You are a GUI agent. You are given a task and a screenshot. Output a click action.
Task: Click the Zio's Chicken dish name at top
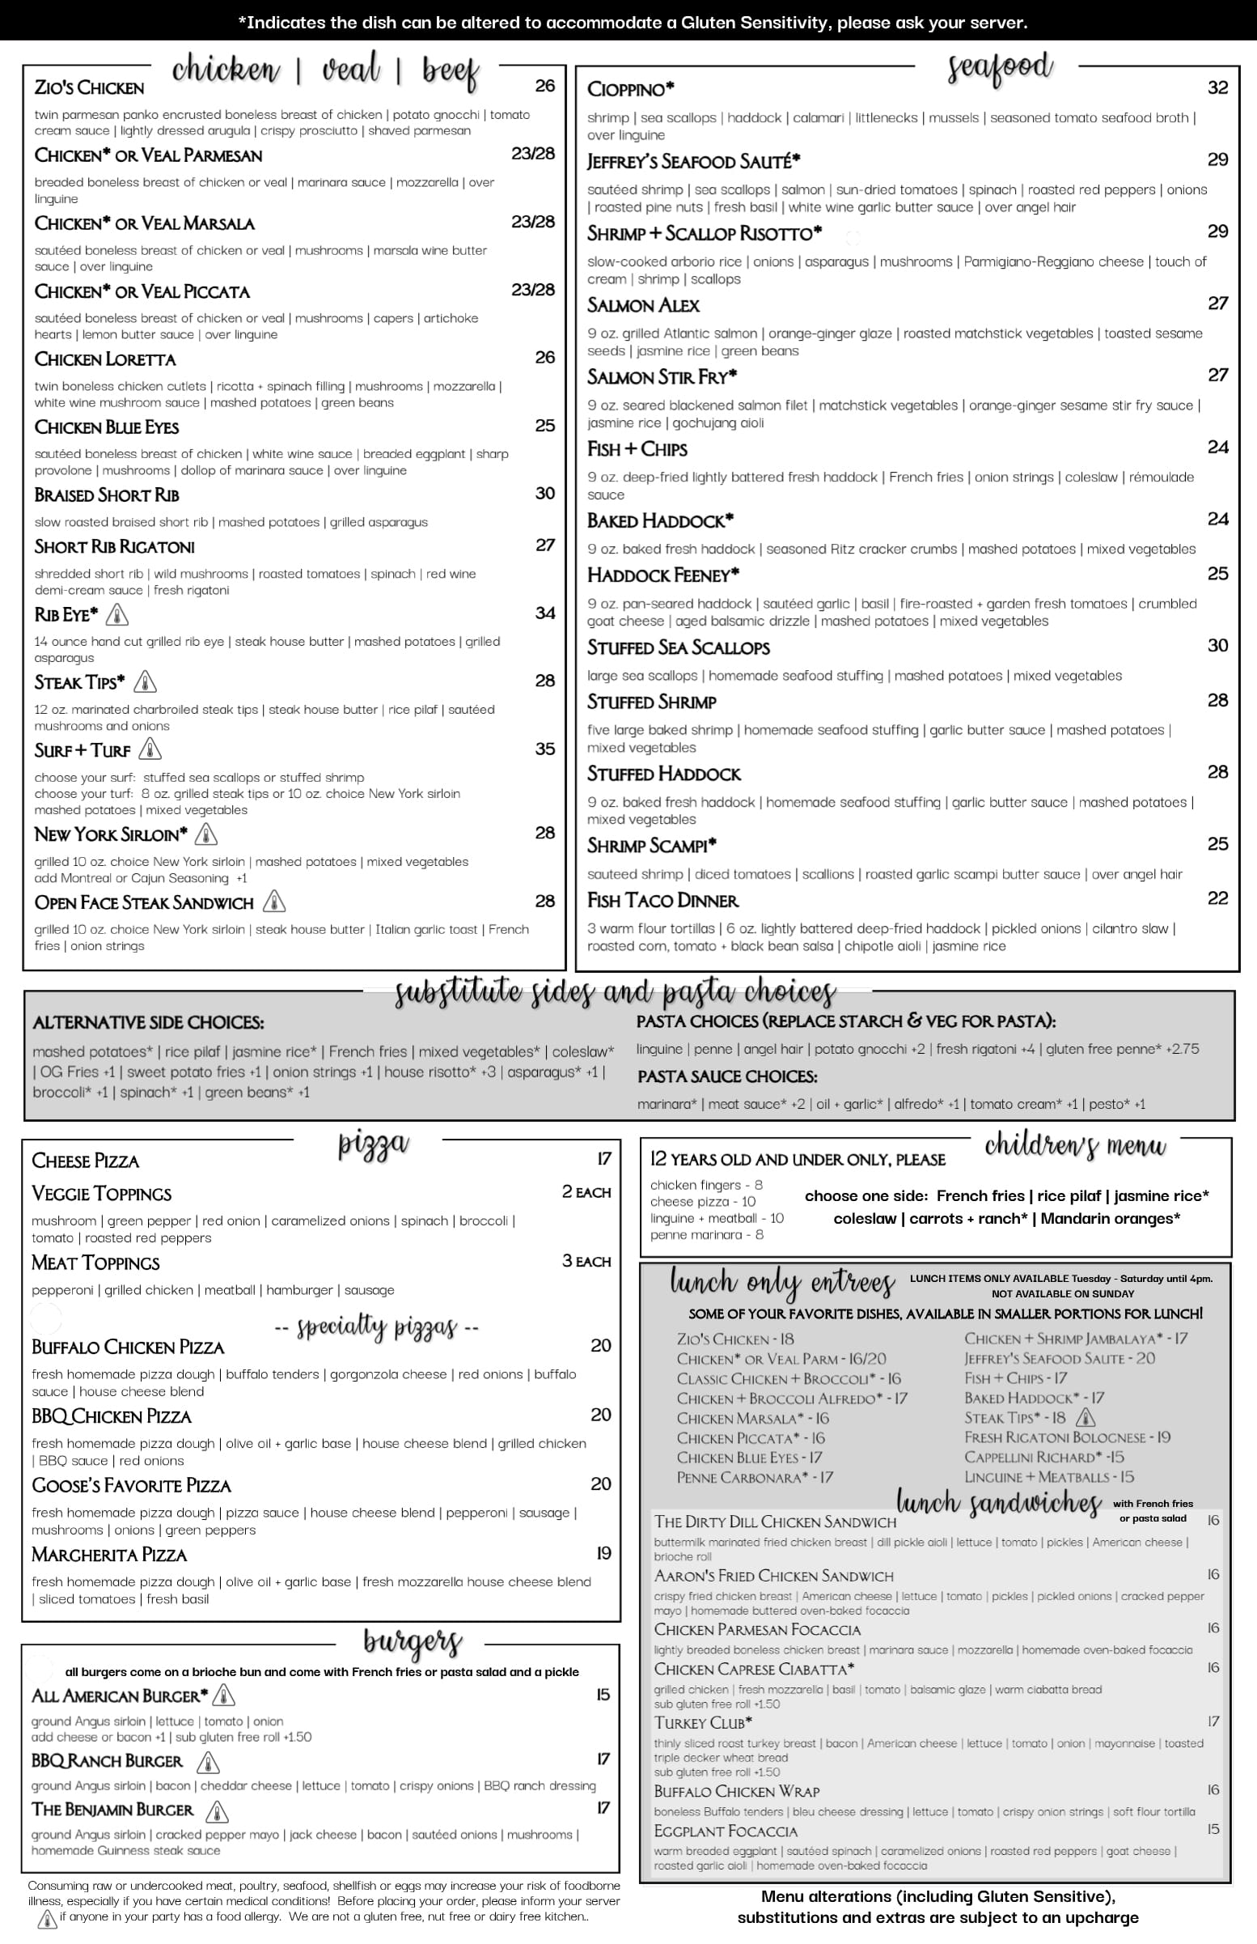(89, 87)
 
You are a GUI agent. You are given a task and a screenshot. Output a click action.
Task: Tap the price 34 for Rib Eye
(544, 613)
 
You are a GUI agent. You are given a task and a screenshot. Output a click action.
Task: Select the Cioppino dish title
(630, 89)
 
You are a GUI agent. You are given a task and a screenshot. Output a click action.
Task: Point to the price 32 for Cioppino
(1217, 87)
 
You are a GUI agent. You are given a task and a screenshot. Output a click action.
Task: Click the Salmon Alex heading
(643, 305)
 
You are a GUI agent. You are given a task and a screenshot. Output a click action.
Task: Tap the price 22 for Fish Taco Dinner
(1217, 898)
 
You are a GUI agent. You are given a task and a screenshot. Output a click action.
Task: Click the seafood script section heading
(999, 69)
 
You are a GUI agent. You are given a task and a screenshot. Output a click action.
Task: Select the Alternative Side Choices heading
(148, 1022)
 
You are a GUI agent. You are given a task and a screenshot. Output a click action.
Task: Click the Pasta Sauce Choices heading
(726, 1076)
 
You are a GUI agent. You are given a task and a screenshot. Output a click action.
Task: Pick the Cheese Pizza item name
(85, 1161)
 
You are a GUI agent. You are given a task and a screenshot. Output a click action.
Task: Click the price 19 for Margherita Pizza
(603, 1553)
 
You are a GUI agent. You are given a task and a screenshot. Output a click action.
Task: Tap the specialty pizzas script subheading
(376, 1326)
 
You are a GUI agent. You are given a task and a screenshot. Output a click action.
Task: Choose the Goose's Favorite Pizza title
(130, 1485)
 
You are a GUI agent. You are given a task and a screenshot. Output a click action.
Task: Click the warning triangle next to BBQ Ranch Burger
(208, 1762)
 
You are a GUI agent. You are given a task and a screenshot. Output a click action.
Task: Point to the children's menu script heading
(1075, 1146)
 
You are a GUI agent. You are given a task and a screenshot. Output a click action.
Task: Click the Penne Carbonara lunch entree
(754, 1477)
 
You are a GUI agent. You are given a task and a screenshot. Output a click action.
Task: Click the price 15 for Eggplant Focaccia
(1213, 1829)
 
